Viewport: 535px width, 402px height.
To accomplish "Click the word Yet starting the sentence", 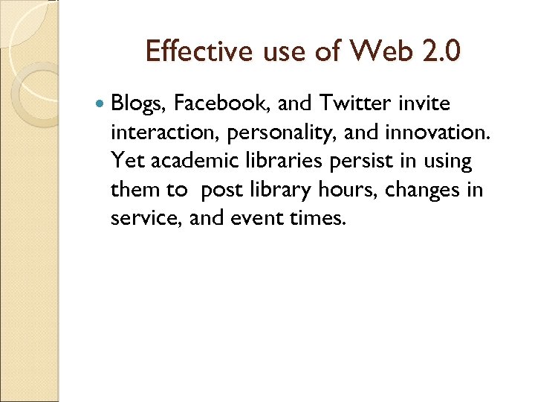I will pyautogui.click(x=124, y=160).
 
